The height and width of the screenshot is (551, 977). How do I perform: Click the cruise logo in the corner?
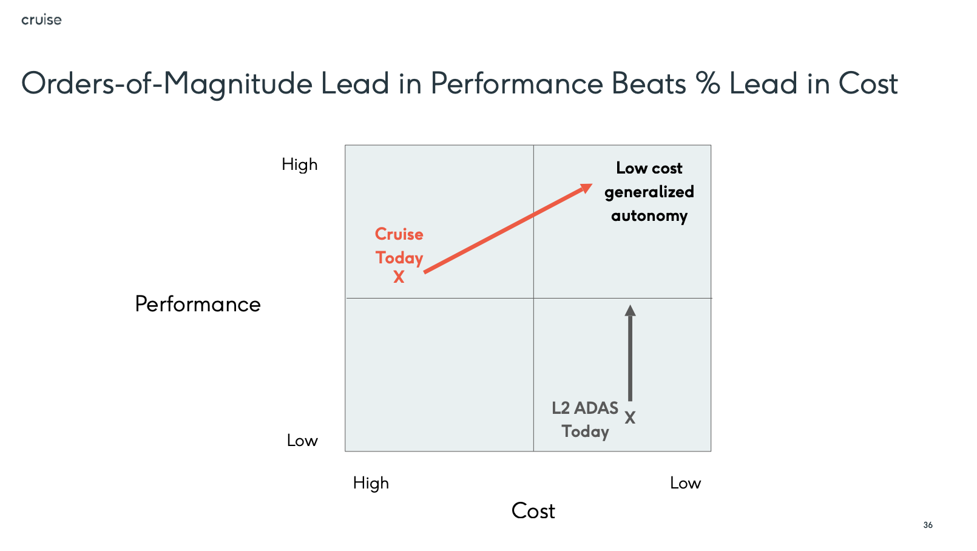[41, 19]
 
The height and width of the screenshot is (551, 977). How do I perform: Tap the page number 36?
[928, 525]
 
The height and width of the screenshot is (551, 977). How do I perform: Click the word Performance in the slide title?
[516, 83]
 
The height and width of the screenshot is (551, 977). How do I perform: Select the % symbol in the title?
[708, 83]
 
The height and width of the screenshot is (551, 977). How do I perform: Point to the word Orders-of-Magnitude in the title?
[167, 84]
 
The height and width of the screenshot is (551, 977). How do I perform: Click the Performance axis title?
[198, 304]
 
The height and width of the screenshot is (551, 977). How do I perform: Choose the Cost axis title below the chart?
[533, 510]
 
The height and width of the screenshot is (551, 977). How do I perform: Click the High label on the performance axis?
[300, 165]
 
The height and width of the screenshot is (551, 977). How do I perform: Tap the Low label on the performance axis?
[302, 441]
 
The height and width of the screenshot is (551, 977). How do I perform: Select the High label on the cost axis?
[371, 484]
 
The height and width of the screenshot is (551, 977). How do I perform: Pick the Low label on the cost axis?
[685, 484]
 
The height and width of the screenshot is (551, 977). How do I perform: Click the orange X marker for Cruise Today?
[399, 277]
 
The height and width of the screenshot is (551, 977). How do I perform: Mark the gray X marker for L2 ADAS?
[630, 418]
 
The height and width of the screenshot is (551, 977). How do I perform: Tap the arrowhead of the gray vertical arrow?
[630, 310]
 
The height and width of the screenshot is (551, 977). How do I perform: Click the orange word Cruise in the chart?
[399, 234]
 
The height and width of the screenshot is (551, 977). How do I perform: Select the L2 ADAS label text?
[585, 408]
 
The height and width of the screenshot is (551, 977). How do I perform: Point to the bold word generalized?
[649, 192]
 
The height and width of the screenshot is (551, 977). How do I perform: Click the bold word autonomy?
[649, 216]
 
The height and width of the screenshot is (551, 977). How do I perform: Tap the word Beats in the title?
[649, 83]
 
